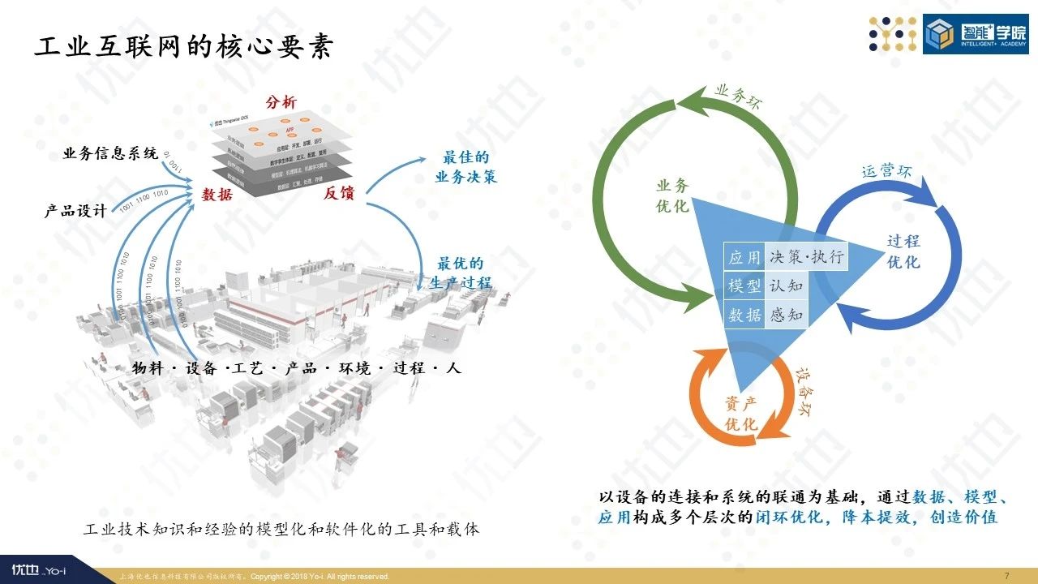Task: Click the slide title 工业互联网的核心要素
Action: (x=183, y=48)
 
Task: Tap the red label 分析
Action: (x=281, y=103)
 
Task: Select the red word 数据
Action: (x=217, y=195)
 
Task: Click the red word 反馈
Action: (x=341, y=193)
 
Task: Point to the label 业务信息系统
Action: (x=110, y=154)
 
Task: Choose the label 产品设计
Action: (x=75, y=211)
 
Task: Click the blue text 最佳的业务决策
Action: (x=465, y=167)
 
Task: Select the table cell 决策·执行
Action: (x=807, y=257)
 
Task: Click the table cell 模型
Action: (x=744, y=286)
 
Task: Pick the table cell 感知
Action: (x=786, y=315)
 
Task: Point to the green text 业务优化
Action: (x=672, y=196)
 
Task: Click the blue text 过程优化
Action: (x=903, y=251)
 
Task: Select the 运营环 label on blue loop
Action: (x=886, y=171)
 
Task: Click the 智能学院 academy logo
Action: (x=975, y=33)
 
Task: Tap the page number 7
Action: (x=1006, y=576)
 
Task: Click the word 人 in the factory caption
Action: (x=453, y=367)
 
